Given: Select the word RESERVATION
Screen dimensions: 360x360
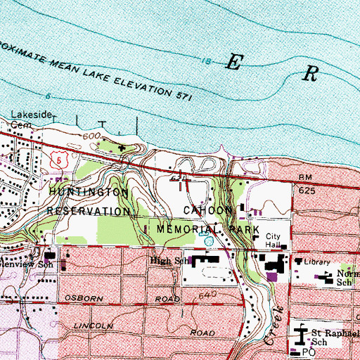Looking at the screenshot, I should click(89, 210).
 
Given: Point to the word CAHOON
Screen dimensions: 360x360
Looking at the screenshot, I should click(207, 210).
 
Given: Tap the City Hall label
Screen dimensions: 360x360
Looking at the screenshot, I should click(274, 240).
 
